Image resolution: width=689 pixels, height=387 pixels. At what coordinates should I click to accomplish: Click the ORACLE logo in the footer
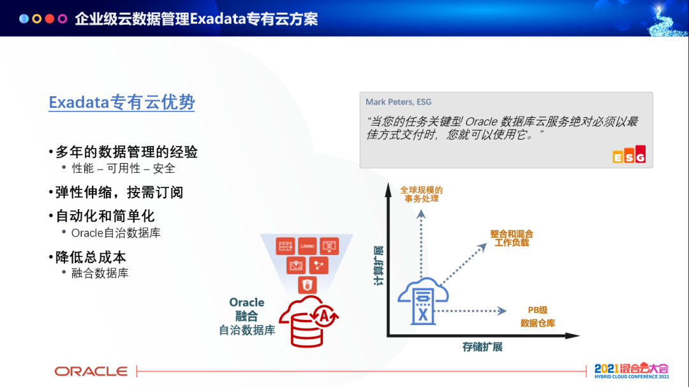pos(91,372)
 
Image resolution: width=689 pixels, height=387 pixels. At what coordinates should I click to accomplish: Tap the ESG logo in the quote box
pos(629,154)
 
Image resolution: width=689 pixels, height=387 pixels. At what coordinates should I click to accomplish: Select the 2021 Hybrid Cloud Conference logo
pos(632,370)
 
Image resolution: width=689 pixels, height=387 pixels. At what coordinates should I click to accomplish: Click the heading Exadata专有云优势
pos(122,103)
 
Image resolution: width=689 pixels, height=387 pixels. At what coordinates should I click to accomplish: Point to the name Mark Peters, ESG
pos(399,102)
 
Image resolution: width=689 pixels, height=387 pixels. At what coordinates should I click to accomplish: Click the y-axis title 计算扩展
pos(378,265)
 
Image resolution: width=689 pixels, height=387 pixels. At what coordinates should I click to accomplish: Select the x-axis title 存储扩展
pos(482,347)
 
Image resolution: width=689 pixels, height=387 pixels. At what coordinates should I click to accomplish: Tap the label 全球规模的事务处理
pos(422,194)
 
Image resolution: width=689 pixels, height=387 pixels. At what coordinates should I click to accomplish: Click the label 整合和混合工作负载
pos(512,238)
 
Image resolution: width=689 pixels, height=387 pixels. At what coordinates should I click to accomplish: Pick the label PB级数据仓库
pos(537,317)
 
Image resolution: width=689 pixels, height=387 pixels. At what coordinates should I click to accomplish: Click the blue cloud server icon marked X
pos(423,302)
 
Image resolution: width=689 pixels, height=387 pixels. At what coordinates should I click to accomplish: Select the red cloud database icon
pos(309,321)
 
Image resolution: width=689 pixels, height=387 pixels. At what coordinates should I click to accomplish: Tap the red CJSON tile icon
pos(307,246)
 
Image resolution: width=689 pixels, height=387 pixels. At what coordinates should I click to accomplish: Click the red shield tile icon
pos(307,285)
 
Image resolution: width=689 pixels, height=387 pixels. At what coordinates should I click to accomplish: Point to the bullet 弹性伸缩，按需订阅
pos(115,193)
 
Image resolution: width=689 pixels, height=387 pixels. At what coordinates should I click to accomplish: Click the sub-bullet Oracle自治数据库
pos(115,233)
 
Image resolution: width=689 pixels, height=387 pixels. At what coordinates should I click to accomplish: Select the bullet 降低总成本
pos(87,258)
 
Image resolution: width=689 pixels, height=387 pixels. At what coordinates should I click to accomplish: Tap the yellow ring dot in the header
pos(37,18)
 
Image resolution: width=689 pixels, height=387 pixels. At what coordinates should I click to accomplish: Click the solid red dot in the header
pos(50,18)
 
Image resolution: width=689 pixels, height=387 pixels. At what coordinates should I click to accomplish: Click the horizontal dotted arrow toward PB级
pos(470,311)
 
